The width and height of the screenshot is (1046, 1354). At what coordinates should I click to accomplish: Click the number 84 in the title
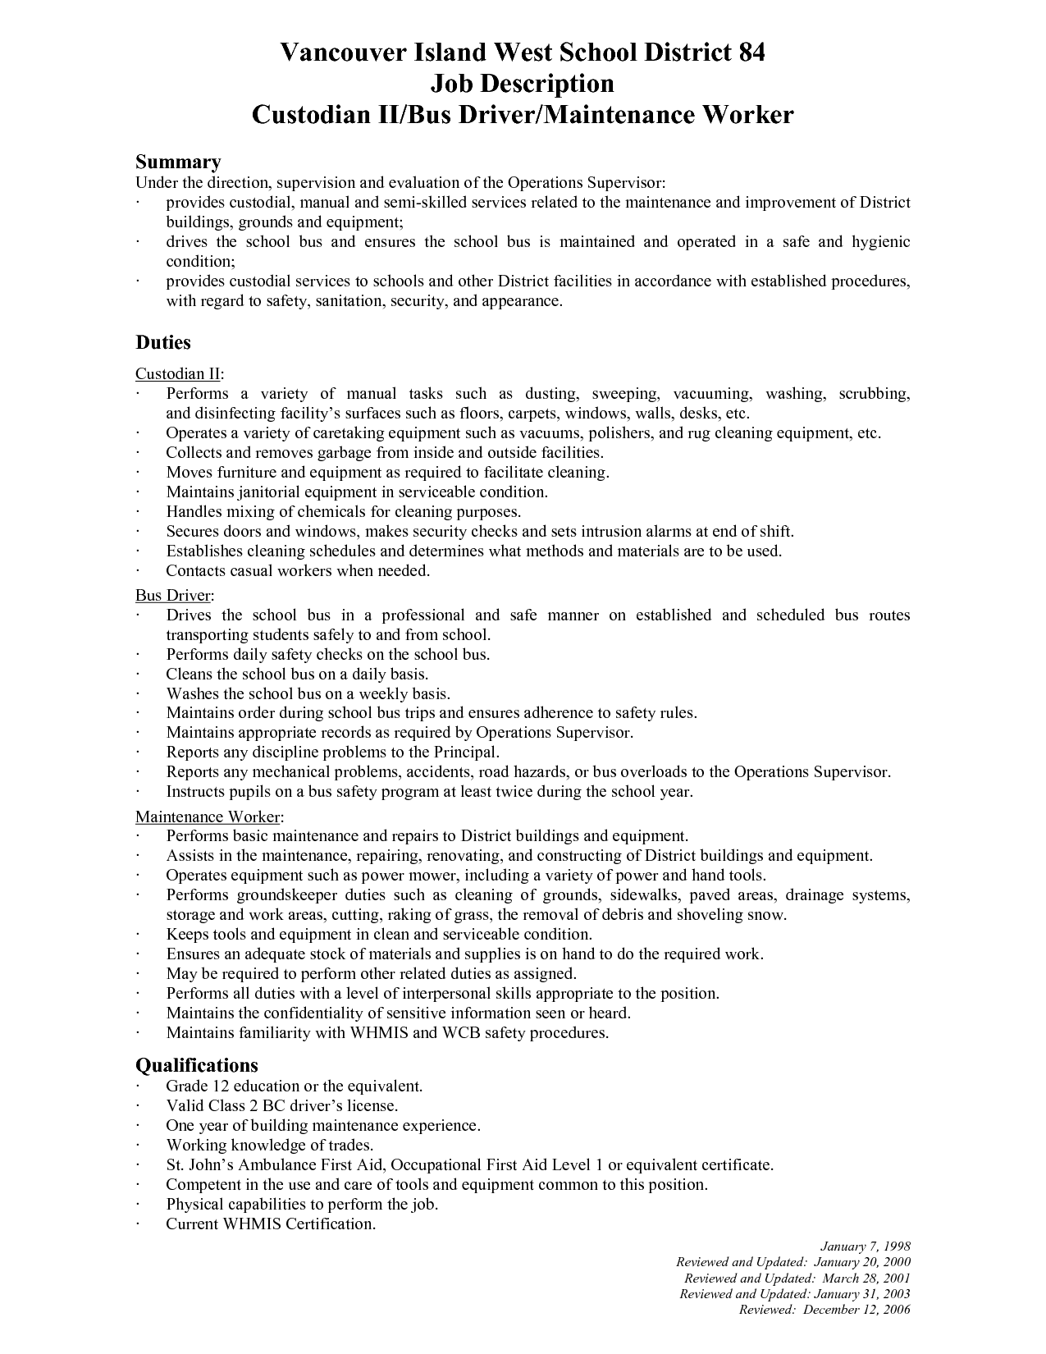[x=747, y=53]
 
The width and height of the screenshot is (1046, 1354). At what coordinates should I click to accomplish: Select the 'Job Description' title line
[x=522, y=84]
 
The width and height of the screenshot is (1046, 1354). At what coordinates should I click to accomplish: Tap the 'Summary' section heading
[x=178, y=162]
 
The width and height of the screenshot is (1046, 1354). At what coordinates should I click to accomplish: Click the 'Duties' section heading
[x=163, y=342]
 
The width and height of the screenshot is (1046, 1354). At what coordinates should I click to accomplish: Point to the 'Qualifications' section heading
[x=196, y=1065]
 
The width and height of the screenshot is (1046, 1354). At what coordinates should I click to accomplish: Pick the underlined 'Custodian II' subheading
[x=177, y=374]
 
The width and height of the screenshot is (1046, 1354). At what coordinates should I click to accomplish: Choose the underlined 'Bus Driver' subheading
[x=173, y=595]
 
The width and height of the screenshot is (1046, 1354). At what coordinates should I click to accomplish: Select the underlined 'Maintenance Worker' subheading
[x=208, y=817]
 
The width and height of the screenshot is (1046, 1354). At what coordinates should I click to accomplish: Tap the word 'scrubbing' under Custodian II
[x=874, y=394]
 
